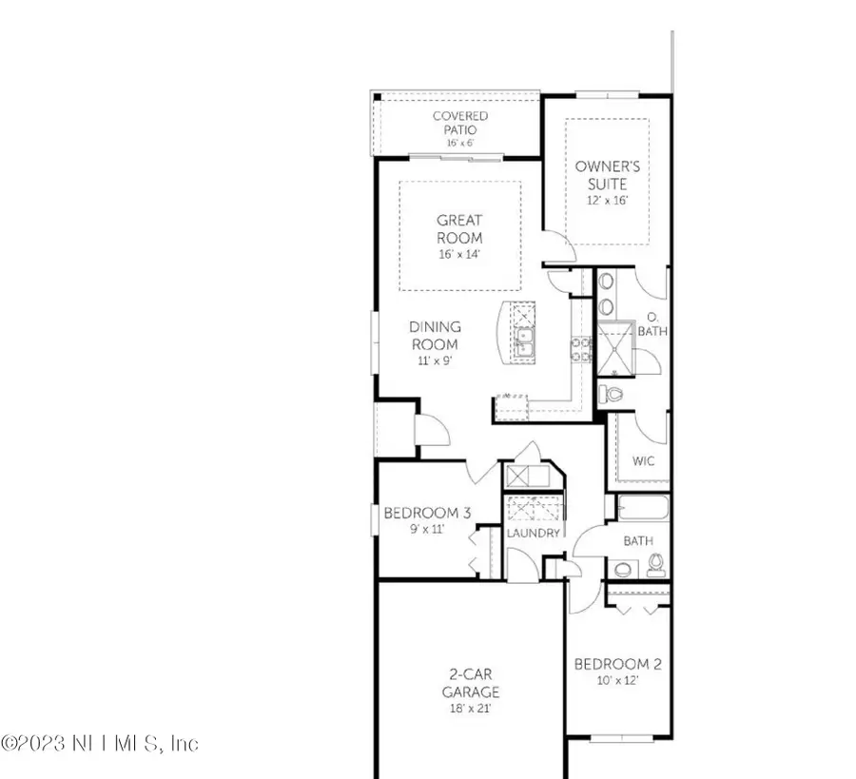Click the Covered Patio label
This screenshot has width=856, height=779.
460,123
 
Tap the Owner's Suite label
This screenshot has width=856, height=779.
608,174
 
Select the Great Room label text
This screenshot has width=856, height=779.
459,229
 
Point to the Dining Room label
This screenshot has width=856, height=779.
436,335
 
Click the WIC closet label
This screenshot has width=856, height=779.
645,461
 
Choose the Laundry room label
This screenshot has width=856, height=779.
534,534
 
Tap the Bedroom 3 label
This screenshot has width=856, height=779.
427,514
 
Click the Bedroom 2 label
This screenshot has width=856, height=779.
617,664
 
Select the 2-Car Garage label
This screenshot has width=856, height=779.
470,684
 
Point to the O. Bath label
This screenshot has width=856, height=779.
653,324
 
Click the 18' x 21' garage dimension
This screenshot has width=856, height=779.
470,709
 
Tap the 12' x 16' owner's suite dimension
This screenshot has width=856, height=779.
608,201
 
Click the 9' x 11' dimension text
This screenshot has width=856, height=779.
427,530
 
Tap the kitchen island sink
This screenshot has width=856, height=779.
524,338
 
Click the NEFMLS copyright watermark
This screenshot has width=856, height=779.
99,743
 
